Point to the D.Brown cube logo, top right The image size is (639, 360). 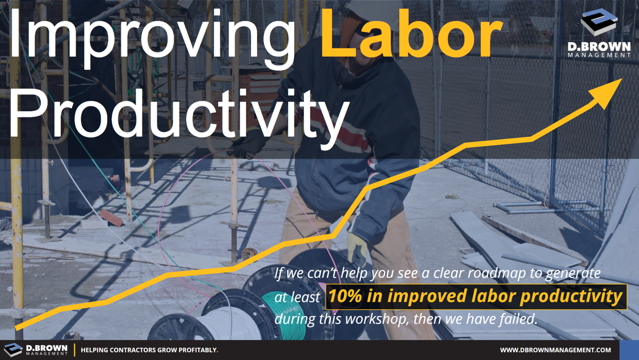(599, 22)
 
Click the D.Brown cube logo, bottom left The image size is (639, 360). (13, 350)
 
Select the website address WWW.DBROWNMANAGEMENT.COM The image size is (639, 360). (555, 350)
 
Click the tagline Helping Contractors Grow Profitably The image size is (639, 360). (149, 350)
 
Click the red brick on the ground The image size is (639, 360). (111, 217)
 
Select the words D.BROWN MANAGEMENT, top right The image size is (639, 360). (599, 50)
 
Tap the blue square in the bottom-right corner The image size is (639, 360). (629, 350)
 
